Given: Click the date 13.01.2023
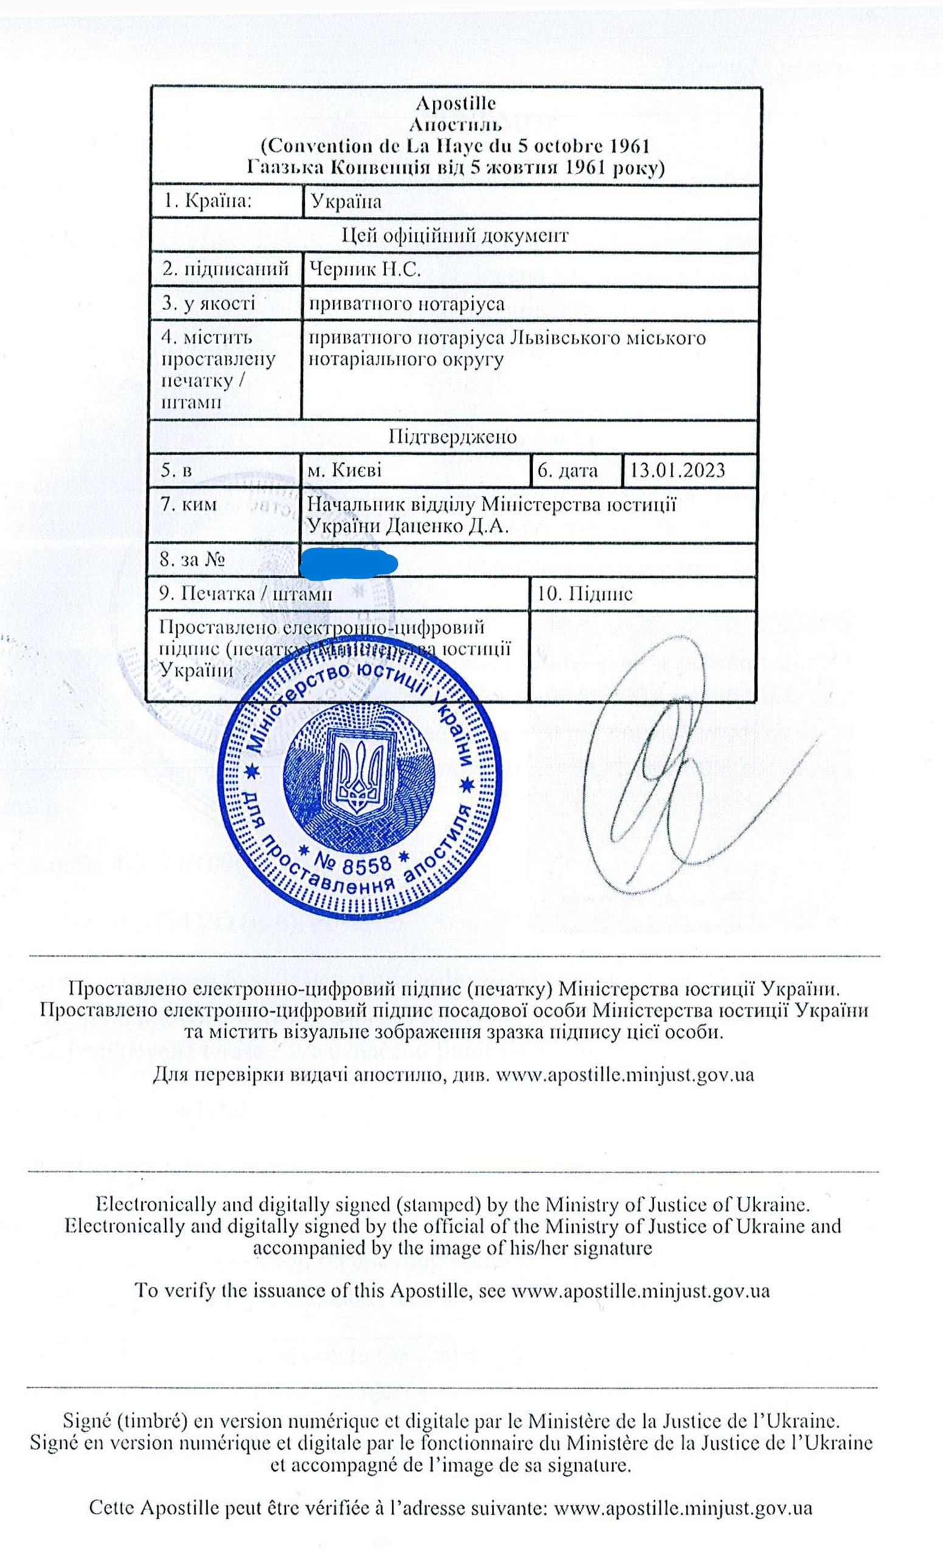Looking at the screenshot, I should [677, 471].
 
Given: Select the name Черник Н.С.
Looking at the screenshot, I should [364, 270].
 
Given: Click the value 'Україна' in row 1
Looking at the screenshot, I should [346, 201].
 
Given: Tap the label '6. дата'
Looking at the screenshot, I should [567, 471].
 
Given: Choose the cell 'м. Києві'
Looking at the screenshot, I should [344, 471].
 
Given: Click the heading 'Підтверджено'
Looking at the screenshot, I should [452, 437].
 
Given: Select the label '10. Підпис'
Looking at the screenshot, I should [584, 594].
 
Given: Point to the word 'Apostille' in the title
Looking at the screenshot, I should [456, 103].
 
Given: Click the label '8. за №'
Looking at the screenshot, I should [193, 560].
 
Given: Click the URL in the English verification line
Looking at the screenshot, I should [640, 1290].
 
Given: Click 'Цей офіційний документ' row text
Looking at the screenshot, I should [455, 236].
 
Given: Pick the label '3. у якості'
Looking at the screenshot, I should [209, 304].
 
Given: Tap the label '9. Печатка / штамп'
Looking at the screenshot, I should [246, 594].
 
